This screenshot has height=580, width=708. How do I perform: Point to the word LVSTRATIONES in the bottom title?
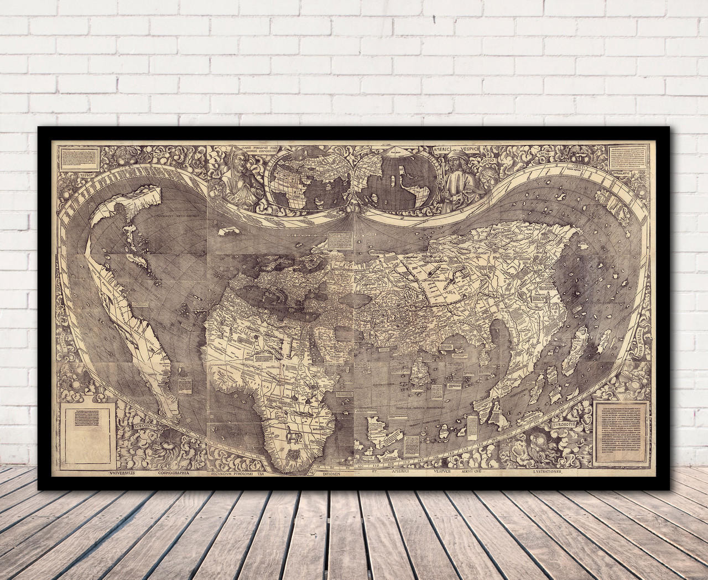coord(539,473)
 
